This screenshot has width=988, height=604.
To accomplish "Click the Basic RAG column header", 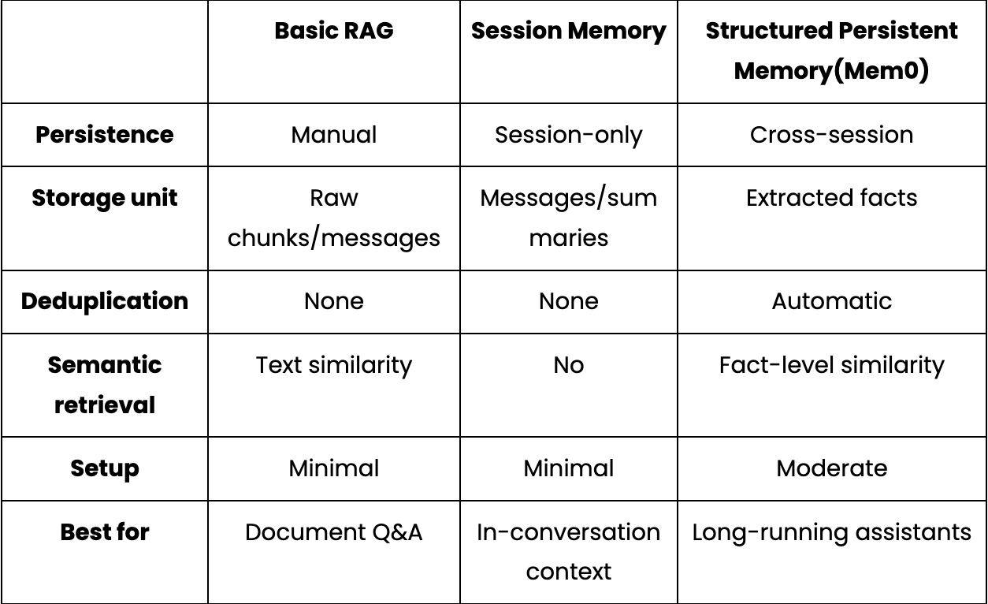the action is (334, 31).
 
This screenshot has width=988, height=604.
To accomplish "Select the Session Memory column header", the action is (569, 32).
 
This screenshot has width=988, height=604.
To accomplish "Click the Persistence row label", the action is (105, 135).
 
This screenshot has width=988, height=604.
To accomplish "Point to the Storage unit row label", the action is (105, 198).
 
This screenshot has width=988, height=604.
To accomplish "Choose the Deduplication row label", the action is (105, 302).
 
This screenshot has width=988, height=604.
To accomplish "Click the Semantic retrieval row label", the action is (105, 385).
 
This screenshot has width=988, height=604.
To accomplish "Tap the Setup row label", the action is (105, 469).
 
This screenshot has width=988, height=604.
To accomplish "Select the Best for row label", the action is (105, 532).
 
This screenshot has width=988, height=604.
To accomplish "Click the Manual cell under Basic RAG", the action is (334, 135).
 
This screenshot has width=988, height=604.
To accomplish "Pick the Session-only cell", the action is (569, 136).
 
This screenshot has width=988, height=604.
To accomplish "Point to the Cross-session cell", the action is (831, 135).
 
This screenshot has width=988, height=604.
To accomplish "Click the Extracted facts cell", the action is (831, 198).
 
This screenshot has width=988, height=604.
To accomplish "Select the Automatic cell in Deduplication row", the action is (831, 301).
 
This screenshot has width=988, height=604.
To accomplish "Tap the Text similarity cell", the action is (334, 366).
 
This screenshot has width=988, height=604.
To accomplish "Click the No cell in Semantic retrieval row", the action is (569, 366).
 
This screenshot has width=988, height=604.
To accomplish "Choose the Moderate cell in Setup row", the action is (831, 468).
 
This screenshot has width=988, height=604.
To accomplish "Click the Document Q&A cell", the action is (334, 532).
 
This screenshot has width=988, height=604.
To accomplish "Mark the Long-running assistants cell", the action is (831, 533).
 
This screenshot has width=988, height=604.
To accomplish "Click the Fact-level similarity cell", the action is (831, 366).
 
